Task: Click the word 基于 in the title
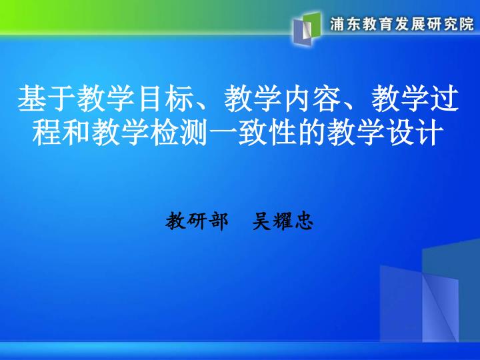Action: (x=47, y=99)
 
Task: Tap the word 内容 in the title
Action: (x=313, y=99)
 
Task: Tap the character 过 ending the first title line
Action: (x=445, y=99)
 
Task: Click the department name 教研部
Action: (x=197, y=221)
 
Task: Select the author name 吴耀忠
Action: (x=282, y=221)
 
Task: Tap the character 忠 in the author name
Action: (x=304, y=221)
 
